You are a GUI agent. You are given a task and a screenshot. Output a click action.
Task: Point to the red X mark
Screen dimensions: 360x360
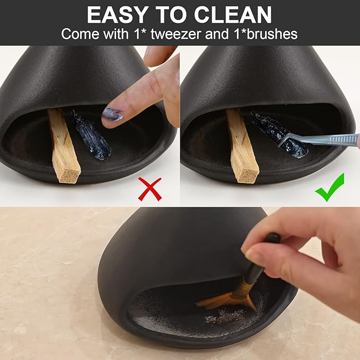point(150,189)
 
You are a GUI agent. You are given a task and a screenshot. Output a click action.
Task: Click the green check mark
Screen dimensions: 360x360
point(329,188)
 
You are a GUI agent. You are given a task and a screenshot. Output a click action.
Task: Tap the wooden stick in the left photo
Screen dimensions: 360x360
point(63,146)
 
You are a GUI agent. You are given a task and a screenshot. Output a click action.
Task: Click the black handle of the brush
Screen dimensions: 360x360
point(260,268)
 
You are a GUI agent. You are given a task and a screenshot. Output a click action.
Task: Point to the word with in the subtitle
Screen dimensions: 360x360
point(116,34)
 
